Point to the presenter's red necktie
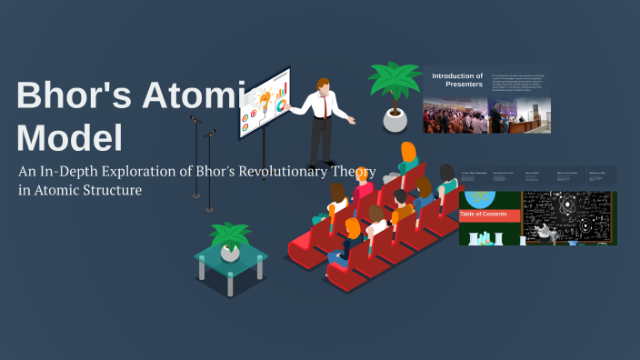(x=323, y=106)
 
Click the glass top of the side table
(x=231, y=263)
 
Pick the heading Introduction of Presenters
(x=457, y=80)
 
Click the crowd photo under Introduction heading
(x=455, y=115)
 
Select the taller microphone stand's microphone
(x=195, y=118)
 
